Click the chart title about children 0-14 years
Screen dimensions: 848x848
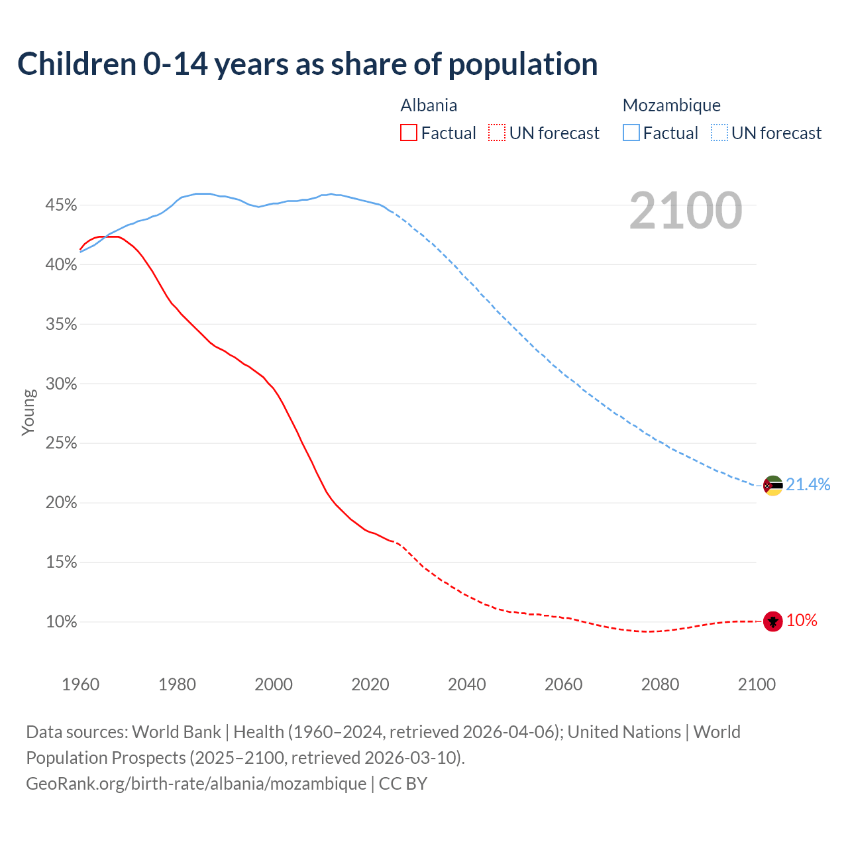(x=307, y=64)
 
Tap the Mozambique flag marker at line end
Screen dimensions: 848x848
(x=772, y=486)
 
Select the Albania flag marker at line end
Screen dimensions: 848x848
(x=772, y=621)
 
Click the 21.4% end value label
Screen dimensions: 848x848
(x=808, y=484)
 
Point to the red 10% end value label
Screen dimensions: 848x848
(x=802, y=620)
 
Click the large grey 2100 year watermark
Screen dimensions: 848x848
(x=685, y=211)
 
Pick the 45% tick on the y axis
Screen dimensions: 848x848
(x=61, y=205)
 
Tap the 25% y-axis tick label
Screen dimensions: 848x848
(x=61, y=443)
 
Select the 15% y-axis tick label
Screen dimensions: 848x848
(x=61, y=562)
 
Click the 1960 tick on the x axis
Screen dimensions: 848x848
(x=80, y=684)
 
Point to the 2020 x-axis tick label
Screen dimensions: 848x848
(x=370, y=684)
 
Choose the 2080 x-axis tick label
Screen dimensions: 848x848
(x=660, y=684)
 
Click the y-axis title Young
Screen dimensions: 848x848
(x=28, y=412)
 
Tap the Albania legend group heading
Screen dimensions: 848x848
(x=429, y=105)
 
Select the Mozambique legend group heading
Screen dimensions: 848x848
(x=671, y=105)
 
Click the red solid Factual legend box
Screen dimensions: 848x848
(x=409, y=133)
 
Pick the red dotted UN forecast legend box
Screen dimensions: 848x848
(x=497, y=133)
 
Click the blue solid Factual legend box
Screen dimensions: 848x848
(x=631, y=133)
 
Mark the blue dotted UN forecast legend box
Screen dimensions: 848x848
(x=719, y=133)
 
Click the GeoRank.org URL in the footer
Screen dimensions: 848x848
(x=196, y=783)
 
